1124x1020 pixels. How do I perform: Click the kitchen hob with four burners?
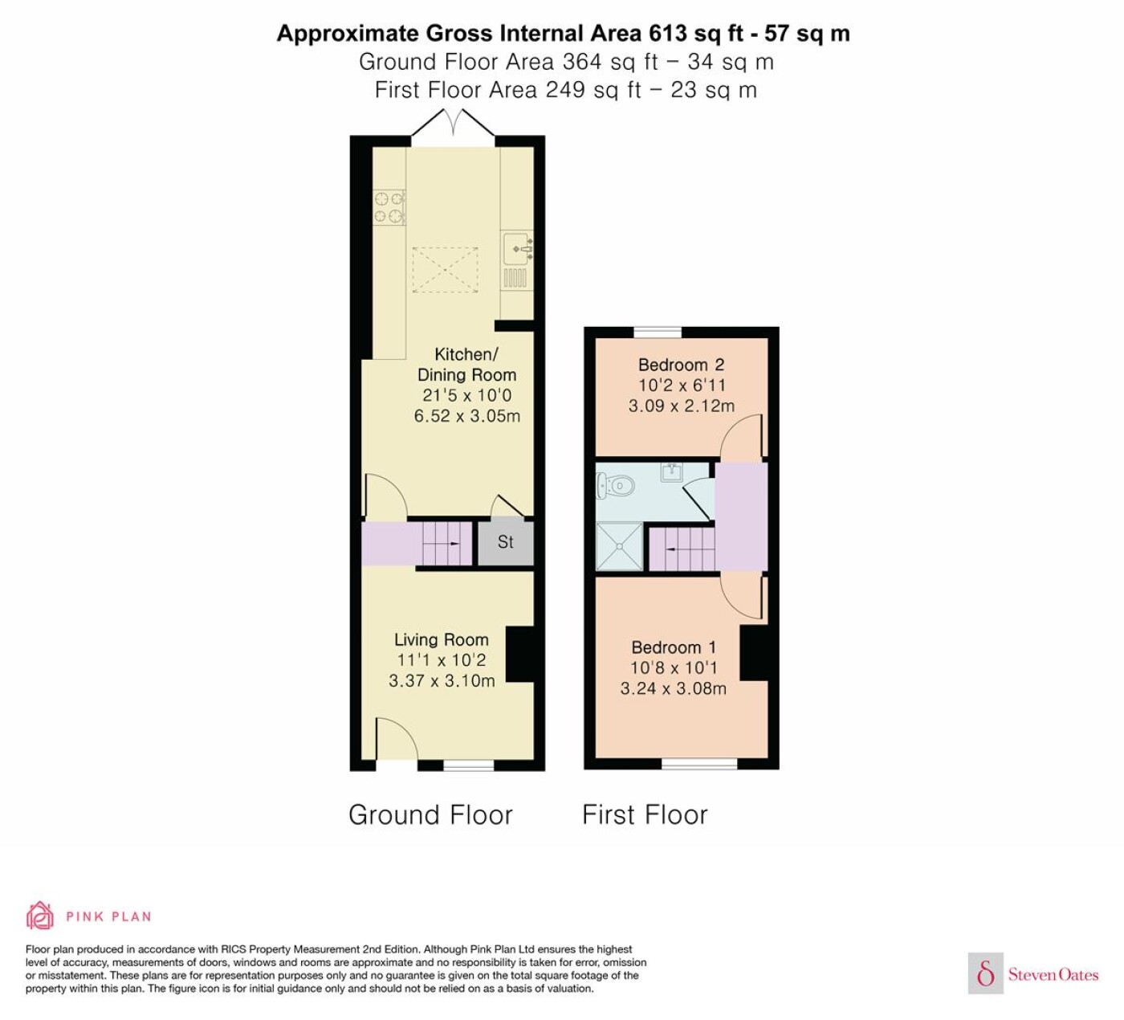pyautogui.click(x=389, y=207)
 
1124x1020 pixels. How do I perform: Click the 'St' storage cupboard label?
pyautogui.click(x=506, y=541)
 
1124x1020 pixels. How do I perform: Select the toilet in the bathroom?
pyautogui.click(x=615, y=485)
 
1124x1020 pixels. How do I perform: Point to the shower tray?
pyautogui.click(x=619, y=546)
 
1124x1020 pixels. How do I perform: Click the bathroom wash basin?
pyautogui.click(x=672, y=471)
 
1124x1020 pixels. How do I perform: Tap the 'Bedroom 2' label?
pyautogui.click(x=682, y=365)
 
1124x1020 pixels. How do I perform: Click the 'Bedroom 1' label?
pyautogui.click(x=674, y=647)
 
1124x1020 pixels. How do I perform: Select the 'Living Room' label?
pyautogui.click(x=442, y=639)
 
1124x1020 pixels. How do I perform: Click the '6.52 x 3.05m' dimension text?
pyautogui.click(x=466, y=415)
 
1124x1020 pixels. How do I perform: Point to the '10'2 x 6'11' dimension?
pyautogui.click(x=682, y=386)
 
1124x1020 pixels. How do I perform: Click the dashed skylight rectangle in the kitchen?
pyautogui.click(x=446, y=270)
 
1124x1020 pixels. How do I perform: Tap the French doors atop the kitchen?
pyautogui.click(x=453, y=124)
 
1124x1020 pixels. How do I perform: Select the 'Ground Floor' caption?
pyautogui.click(x=430, y=814)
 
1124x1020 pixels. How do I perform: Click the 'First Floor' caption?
pyautogui.click(x=645, y=814)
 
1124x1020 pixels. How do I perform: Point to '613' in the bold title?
pyautogui.click(x=668, y=34)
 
